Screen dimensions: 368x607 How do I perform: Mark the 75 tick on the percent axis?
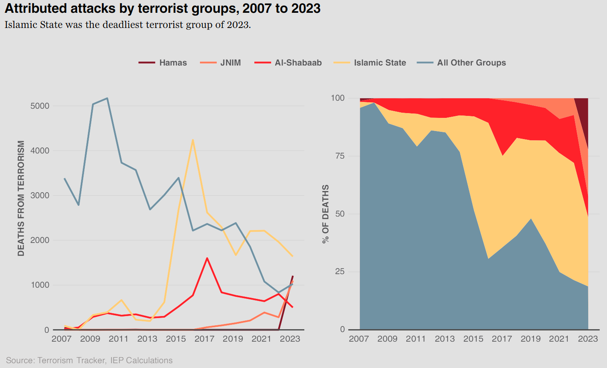pos(339,156)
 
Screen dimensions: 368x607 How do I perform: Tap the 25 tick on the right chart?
pos(339,272)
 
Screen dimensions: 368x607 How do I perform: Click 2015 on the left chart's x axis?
pos(176,339)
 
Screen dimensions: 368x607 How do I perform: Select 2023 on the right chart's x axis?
pos(588,339)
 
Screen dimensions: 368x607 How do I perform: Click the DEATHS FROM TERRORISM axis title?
pos(21,198)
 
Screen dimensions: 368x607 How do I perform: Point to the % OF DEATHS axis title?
pos(326,214)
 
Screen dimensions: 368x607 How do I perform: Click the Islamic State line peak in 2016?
pos(193,140)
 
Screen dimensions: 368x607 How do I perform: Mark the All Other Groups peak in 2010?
pos(107,98)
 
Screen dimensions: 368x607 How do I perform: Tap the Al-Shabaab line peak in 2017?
pos(207,258)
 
